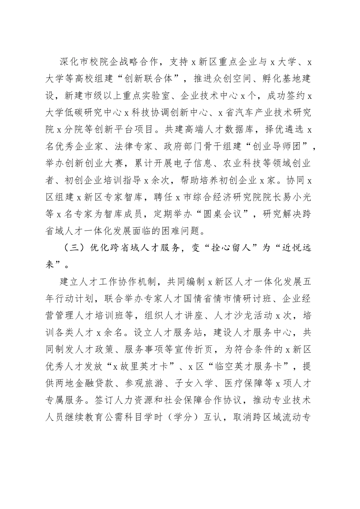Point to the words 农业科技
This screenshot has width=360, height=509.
tap(253, 163)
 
